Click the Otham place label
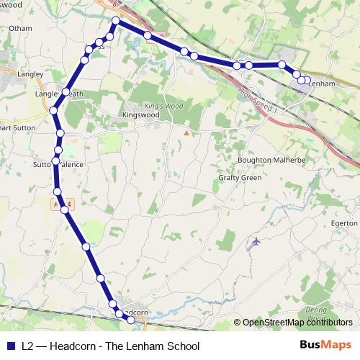click(22, 28)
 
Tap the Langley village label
click(31, 73)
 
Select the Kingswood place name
click(140, 114)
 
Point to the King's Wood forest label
click(159, 106)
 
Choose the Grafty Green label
click(240, 178)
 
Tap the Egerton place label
click(345, 223)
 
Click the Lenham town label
click(322, 84)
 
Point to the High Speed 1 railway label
click(260, 98)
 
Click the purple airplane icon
click(253, 243)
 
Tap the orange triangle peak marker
click(186, 132)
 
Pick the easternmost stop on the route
click(307, 81)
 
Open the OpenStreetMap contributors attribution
click(297, 323)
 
